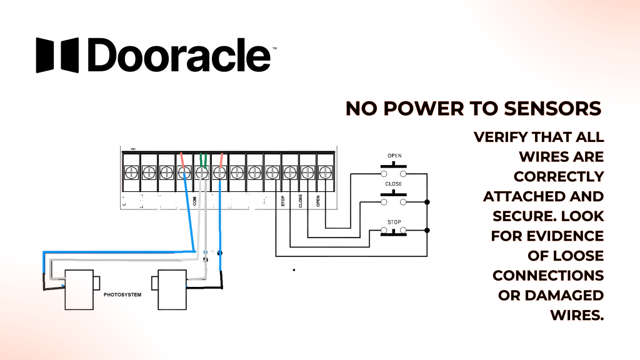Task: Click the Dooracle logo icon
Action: [x=57, y=55]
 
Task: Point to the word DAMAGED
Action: [x=567, y=296]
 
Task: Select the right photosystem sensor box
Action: [x=172, y=289]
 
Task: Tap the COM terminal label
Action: [x=195, y=201]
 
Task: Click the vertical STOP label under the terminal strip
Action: [x=282, y=201]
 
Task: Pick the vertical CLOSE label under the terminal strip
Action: [x=301, y=201]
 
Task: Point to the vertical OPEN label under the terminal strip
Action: [x=318, y=201]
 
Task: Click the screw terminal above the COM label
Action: [x=202, y=171]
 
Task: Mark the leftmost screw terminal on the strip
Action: [x=131, y=171]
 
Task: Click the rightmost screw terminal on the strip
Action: [x=325, y=171]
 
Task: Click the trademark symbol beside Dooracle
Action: [x=274, y=47]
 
